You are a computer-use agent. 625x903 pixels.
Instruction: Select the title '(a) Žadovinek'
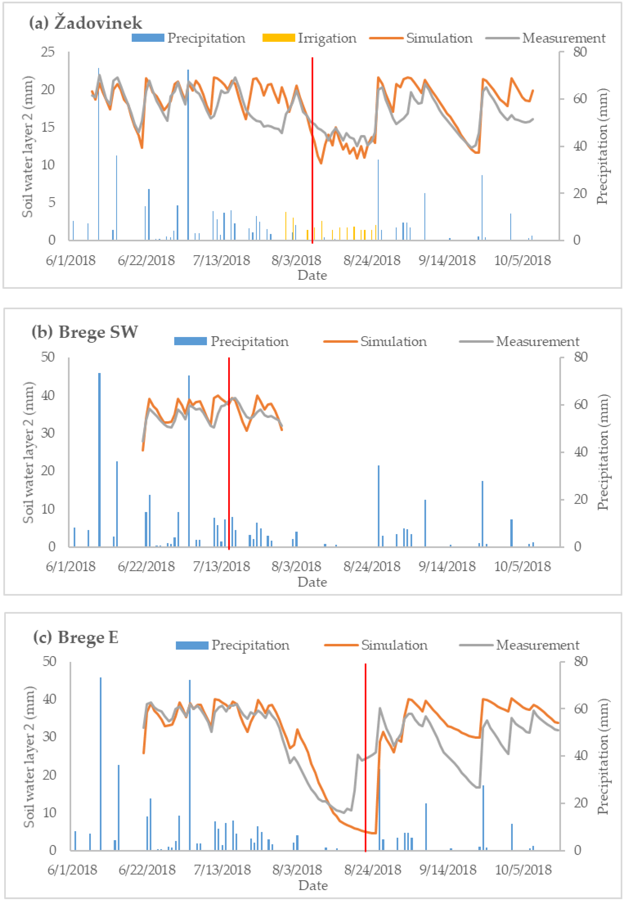pos(86,23)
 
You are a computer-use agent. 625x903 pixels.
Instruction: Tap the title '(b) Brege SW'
pos(85,332)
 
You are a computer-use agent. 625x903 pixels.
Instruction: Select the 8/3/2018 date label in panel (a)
pos(296,260)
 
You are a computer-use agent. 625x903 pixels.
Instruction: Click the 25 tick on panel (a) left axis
pos(48,52)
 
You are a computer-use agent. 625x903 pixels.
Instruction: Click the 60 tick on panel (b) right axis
pos(580,404)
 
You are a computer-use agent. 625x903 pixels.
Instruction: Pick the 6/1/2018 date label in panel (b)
pos(71,566)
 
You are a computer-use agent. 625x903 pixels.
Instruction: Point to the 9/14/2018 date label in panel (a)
pos(447,260)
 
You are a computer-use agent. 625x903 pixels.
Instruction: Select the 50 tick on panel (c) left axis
pos(49,661)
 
